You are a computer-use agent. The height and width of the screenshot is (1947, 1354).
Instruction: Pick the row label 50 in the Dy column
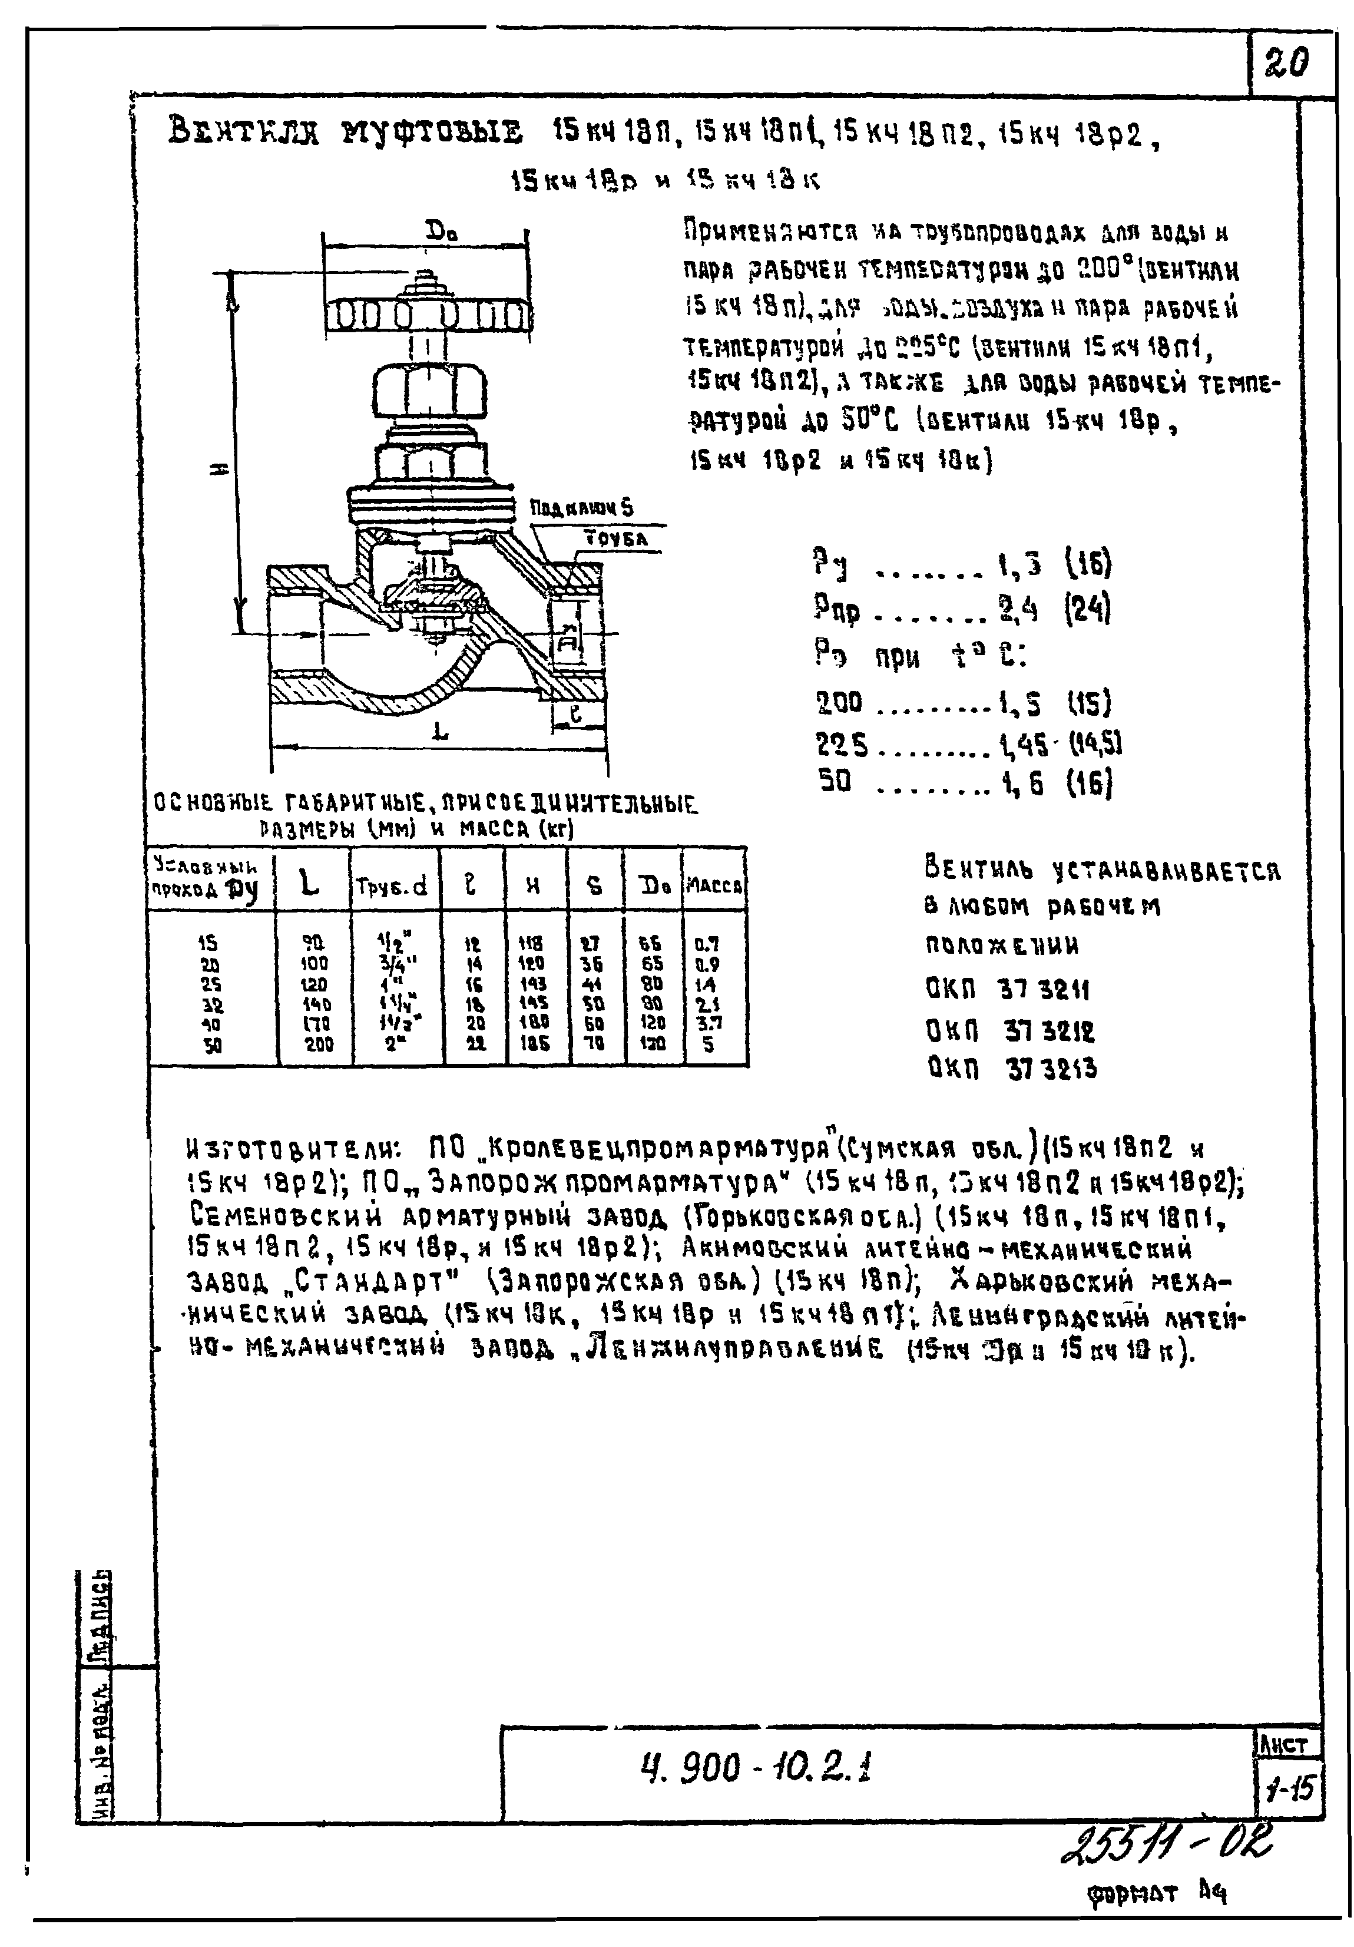click(212, 1046)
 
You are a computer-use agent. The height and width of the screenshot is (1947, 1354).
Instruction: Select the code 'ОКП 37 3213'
click(1011, 1069)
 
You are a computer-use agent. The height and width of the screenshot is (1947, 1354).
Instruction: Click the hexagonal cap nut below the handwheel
click(430, 390)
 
